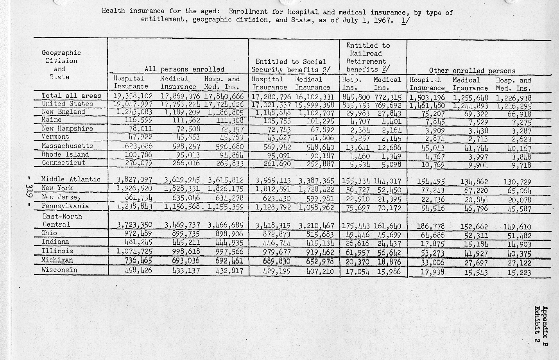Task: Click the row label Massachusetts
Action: tap(67, 146)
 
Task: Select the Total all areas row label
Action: tap(71, 95)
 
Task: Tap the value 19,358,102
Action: tap(133, 96)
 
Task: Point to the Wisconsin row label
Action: tap(59, 270)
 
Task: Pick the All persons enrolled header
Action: tap(185, 70)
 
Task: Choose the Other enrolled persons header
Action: tap(472, 71)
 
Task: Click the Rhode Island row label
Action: tap(65, 154)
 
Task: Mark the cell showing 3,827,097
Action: tap(134, 180)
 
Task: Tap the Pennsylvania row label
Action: tap(65, 206)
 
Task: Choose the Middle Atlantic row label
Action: tap(71, 179)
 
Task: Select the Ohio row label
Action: tap(49, 233)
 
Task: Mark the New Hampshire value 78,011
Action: tap(139, 129)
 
